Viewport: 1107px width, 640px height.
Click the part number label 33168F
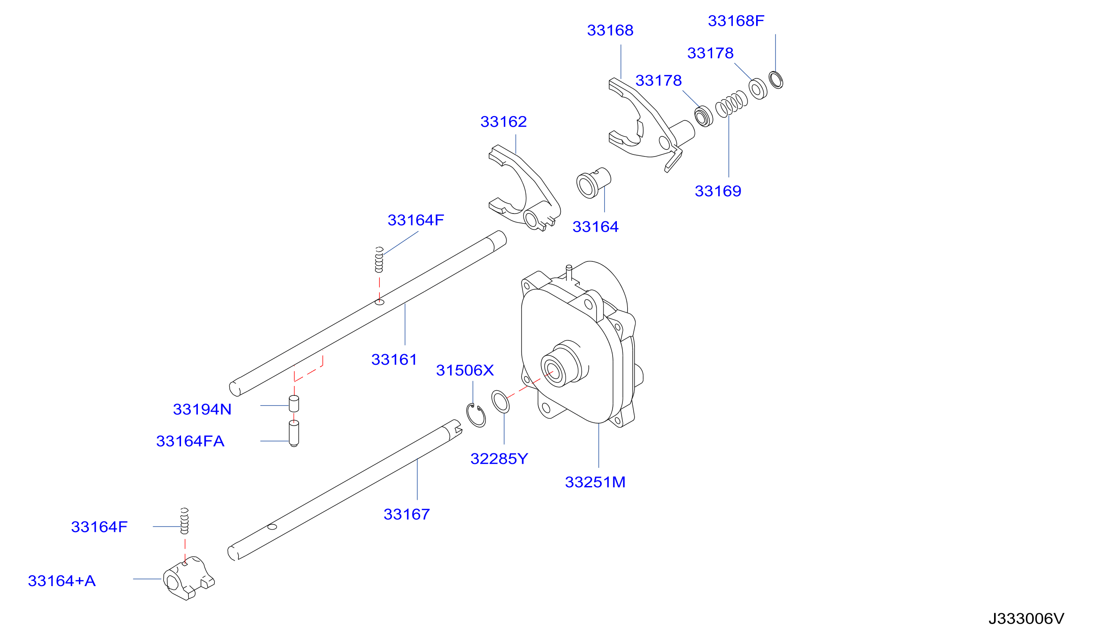[x=736, y=21]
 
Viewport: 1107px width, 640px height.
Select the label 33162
[x=503, y=122]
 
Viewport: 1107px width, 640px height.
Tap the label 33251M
[x=595, y=482]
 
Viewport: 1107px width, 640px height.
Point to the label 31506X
[x=465, y=370]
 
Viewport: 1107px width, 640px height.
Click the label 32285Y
[x=499, y=459]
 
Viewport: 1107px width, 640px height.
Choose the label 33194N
[x=202, y=409]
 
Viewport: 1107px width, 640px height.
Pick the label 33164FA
[x=190, y=441]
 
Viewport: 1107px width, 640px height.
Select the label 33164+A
[x=62, y=580]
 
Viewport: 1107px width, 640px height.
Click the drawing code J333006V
[x=1026, y=619]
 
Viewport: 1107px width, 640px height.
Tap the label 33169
[x=718, y=191]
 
